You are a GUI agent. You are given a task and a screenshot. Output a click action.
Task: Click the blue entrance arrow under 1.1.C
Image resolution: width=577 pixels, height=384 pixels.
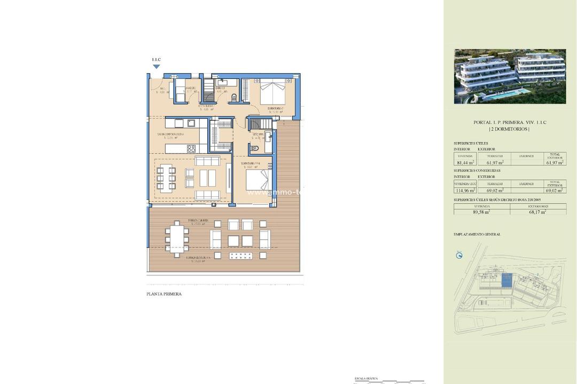pyautogui.click(x=156, y=67)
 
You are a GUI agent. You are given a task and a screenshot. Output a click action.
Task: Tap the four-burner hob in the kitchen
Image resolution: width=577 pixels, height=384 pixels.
pyautogui.click(x=191, y=148)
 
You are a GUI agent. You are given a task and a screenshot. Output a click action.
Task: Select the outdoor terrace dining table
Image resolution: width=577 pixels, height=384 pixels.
pyautogui.click(x=177, y=238)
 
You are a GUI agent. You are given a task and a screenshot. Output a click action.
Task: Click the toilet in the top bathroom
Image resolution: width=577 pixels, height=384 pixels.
pyautogui.click(x=233, y=97)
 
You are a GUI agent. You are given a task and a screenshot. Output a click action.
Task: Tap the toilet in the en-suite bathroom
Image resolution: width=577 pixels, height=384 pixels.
pyautogui.click(x=255, y=149)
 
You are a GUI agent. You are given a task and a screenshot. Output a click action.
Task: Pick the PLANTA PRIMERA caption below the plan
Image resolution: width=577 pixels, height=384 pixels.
pyautogui.click(x=164, y=294)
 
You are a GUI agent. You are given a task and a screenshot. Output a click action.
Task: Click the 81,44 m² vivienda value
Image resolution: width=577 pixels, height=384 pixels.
pyautogui.click(x=463, y=162)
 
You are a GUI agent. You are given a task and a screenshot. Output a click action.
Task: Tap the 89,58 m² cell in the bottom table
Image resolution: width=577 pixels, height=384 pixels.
pyautogui.click(x=481, y=212)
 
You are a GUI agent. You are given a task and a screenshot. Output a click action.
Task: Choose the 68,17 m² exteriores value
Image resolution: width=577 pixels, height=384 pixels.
pyautogui.click(x=537, y=212)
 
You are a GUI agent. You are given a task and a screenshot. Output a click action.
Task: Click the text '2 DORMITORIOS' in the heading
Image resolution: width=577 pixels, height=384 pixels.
pyautogui.click(x=510, y=129)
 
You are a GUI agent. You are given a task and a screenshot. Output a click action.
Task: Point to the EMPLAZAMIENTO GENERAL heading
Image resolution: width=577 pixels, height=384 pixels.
pyautogui.click(x=477, y=234)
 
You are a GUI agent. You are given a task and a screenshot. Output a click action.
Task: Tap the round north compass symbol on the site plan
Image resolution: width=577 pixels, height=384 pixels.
pyautogui.click(x=459, y=255)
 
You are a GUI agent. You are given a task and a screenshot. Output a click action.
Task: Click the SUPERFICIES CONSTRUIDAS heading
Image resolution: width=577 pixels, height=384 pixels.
pyautogui.click(x=477, y=171)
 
